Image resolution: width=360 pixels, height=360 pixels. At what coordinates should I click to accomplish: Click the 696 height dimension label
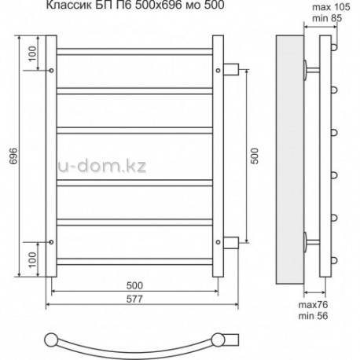13,156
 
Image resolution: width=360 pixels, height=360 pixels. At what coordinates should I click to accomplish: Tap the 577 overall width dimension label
134,299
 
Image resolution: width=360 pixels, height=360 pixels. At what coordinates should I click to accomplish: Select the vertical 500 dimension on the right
255,156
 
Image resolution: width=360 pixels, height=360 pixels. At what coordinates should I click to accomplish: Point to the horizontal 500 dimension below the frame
134,285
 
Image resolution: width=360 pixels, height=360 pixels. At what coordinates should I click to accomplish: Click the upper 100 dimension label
32,53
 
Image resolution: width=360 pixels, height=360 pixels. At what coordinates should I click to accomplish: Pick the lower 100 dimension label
32,259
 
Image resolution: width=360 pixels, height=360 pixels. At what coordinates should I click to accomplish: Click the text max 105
331,7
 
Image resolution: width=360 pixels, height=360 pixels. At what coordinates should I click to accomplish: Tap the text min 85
327,18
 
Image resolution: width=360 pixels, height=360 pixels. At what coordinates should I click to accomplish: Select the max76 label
313,305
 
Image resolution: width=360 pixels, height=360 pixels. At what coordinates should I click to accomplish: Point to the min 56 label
313,316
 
